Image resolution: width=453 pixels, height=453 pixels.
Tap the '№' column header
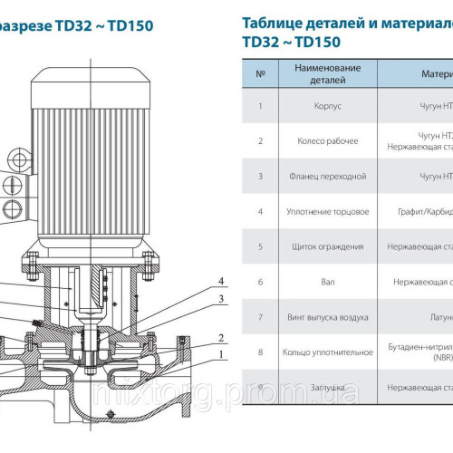(x=261, y=73)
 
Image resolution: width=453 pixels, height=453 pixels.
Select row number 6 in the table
(x=261, y=282)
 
